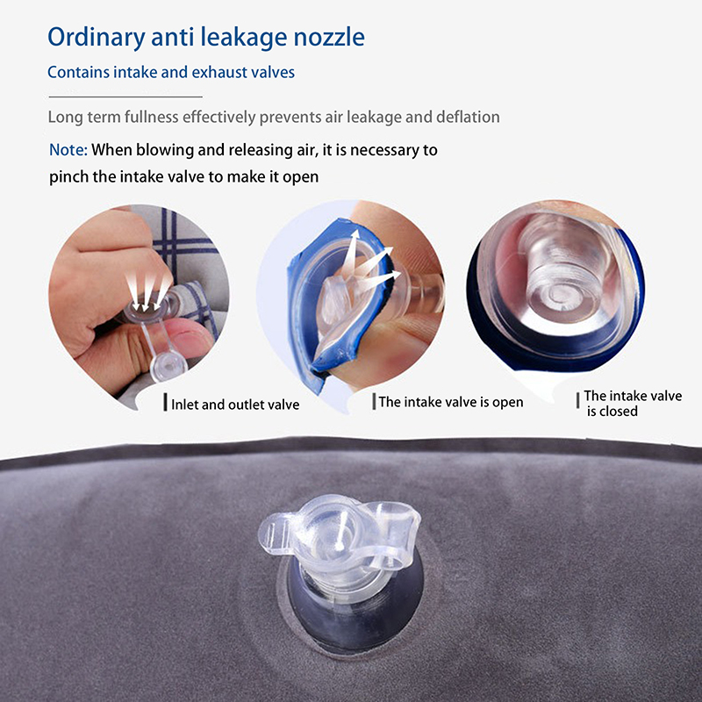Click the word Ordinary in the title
coord(97,37)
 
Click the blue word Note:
coord(68,149)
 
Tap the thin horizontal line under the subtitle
coord(125,97)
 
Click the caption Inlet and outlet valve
coord(235,405)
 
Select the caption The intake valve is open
coord(451,402)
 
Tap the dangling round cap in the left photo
coord(168,367)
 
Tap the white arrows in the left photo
coord(147,291)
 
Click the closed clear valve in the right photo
coord(562,273)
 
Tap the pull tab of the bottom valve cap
coord(275,533)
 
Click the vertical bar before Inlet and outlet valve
coord(165,403)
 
